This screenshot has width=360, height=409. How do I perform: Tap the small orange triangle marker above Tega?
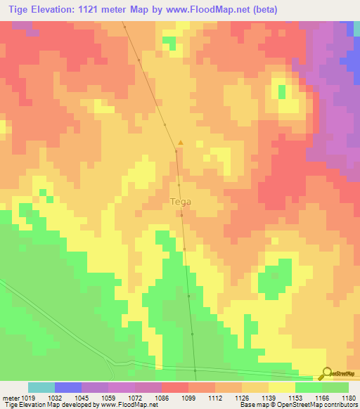(x=181, y=143)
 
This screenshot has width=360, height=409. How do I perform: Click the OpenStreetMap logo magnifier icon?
(x=325, y=374)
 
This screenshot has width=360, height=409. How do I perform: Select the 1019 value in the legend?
(x=26, y=398)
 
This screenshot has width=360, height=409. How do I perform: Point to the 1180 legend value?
(x=349, y=398)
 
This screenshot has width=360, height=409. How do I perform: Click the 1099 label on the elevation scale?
(x=188, y=398)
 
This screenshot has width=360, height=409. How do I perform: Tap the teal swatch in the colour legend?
(x=41, y=387)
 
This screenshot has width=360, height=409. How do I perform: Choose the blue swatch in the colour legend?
(x=68, y=387)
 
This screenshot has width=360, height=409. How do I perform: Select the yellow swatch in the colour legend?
(x=281, y=387)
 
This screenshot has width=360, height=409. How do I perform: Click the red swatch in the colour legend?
(x=175, y=387)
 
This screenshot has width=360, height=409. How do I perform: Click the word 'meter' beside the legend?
(x=8, y=398)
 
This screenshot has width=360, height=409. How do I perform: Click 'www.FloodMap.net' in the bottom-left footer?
(x=129, y=405)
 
